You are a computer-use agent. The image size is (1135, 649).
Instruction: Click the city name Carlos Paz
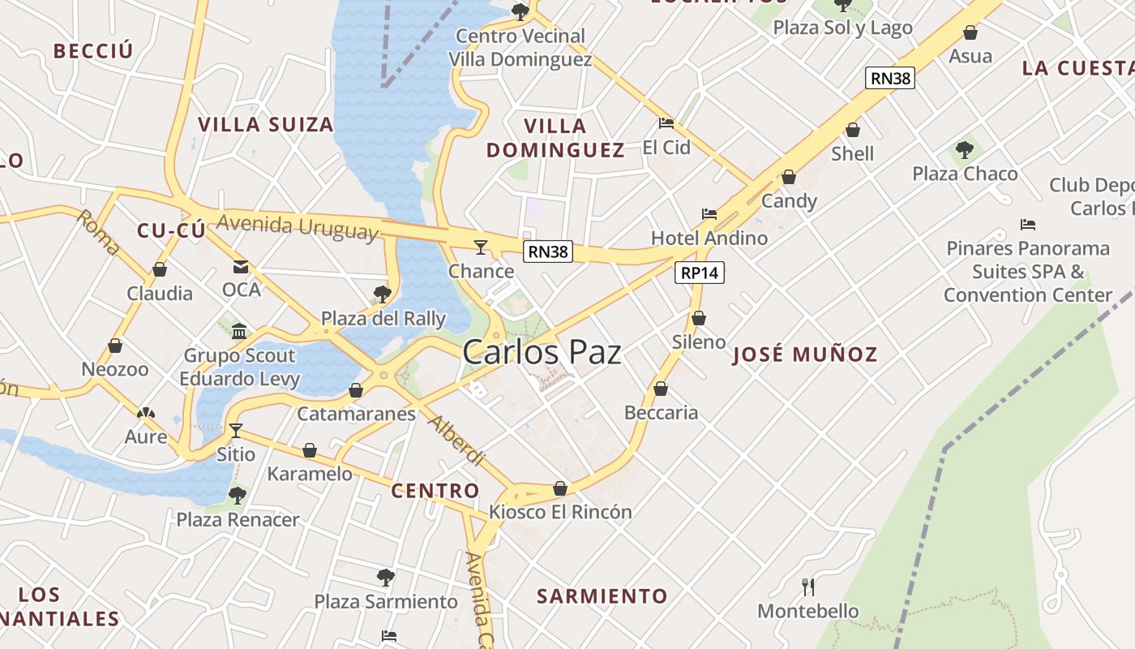(542, 353)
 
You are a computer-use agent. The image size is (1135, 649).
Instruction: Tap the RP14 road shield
(699, 273)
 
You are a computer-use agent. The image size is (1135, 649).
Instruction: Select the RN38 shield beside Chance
(548, 251)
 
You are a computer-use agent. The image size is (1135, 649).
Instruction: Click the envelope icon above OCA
(241, 266)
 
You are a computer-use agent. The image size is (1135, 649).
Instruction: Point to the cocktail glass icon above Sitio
(236, 430)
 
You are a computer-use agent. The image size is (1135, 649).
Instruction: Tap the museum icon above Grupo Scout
(239, 331)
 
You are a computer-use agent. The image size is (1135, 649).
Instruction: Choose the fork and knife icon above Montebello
(807, 586)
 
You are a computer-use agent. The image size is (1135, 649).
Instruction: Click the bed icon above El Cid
(666, 123)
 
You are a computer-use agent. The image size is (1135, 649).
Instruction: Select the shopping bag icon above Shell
(852, 130)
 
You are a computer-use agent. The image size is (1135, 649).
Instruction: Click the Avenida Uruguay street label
(298, 227)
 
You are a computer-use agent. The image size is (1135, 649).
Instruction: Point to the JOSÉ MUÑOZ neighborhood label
(804, 355)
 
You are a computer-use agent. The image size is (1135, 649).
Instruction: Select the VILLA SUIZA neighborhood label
(266, 124)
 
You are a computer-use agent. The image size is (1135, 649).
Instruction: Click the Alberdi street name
(456, 441)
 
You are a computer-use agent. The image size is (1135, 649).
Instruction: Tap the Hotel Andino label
(709, 238)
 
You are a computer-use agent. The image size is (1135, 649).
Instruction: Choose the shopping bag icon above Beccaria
(661, 389)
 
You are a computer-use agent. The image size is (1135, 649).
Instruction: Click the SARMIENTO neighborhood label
(602, 596)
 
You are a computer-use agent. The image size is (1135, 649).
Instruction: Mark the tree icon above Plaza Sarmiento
(386, 578)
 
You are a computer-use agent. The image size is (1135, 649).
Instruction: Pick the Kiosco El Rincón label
(560, 512)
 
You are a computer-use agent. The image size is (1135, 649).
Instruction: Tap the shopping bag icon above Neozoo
(115, 346)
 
